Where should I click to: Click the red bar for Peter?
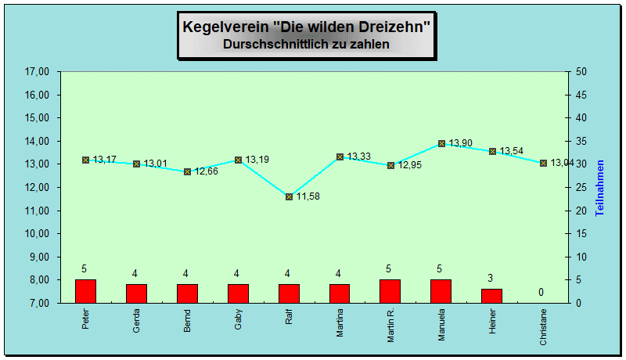85,291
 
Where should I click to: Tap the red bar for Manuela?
441,291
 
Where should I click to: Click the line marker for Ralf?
289,196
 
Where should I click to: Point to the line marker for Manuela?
441,143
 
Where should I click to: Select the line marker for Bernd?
187,171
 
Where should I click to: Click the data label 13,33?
359,157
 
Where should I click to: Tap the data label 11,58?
308,196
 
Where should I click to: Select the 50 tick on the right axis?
581,72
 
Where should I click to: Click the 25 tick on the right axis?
581,188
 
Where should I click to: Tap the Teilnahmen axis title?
600,188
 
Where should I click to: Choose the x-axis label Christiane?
544,329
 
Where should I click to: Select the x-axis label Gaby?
238,321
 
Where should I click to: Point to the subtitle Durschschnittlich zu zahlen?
306,45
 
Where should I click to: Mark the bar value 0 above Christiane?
540,293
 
